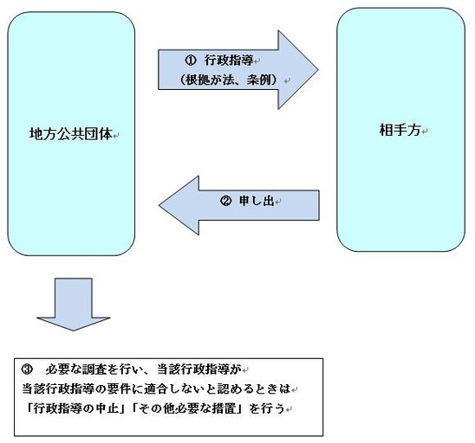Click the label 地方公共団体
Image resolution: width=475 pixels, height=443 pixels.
click(x=71, y=134)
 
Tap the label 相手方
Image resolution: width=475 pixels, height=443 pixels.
click(x=400, y=131)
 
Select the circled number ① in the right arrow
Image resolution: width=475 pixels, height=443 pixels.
click(x=191, y=61)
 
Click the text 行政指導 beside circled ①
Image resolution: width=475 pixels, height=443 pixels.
click(x=229, y=61)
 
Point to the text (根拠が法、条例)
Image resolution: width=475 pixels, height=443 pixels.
click(x=229, y=80)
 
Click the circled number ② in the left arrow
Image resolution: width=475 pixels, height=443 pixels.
click(x=225, y=201)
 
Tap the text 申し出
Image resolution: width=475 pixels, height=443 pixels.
click(x=257, y=201)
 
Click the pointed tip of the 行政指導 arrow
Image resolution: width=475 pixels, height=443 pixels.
click(x=318, y=70)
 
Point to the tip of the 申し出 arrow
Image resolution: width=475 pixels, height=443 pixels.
click(x=159, y=205)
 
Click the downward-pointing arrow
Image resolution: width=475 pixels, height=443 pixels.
click(x=74, y=304)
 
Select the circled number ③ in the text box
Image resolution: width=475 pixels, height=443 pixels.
click(x=27, y=369)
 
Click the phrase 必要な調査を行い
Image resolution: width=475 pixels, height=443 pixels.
click(x=94, y=369)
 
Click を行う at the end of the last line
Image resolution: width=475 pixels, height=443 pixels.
click(x=267, y=409)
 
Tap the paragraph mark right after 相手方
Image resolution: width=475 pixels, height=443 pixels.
click(x=425, y=132)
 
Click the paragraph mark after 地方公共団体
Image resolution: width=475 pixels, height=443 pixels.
click(x=116, y=136)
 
